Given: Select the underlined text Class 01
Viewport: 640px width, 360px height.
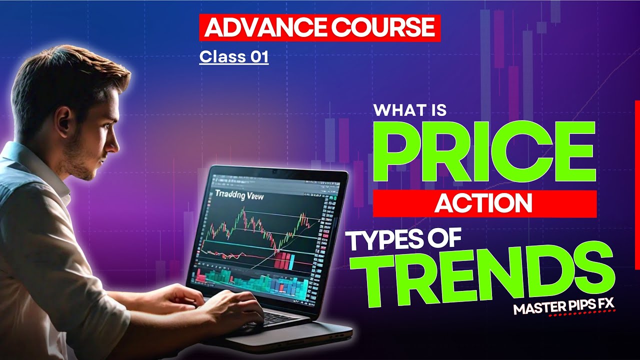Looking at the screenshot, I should coord(233,57).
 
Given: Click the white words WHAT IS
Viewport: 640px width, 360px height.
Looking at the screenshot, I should coord(410,109).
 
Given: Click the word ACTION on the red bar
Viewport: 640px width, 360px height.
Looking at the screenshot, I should coord(483,203).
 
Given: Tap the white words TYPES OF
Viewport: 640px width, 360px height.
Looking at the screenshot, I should coord(404,241).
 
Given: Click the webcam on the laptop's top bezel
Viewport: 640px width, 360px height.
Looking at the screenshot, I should coord(274,171).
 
